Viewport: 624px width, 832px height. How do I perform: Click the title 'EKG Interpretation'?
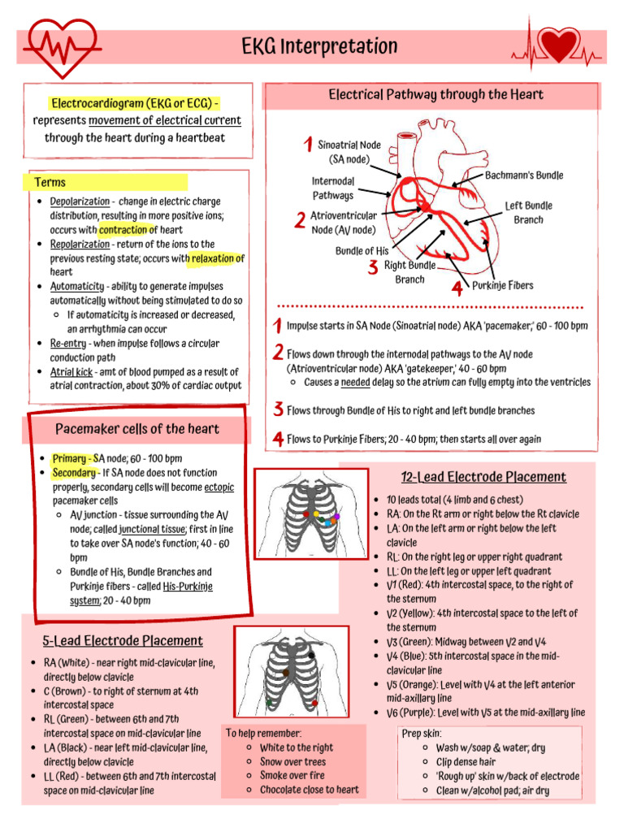[x=319, y=46]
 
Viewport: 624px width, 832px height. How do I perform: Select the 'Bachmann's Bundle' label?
[x=524, y=175]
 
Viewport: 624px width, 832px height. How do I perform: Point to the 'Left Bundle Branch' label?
[x=528, y=213]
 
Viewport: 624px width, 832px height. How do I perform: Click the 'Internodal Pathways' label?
[x=333, y=188]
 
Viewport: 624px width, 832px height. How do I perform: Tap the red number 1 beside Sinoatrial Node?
[x=307, y=145]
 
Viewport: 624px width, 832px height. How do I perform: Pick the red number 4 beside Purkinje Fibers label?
[x=457, y=288]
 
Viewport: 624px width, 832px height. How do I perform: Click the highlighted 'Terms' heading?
[x=50, y=182]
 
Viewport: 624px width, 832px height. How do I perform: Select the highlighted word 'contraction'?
[x=123, y=230]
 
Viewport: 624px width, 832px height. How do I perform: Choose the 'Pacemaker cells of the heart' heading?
[x=136, y=428]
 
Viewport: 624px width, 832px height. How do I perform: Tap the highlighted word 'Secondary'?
[x=73, y=472]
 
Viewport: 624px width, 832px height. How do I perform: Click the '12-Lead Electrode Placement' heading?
[x=483, y=477]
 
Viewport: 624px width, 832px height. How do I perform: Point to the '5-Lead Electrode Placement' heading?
[x=123, y=640]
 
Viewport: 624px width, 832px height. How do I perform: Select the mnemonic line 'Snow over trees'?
[x=292, y=761]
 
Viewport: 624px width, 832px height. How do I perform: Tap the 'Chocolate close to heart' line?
[x=309, y=790]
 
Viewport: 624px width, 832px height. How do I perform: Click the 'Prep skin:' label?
[x=422, y=733]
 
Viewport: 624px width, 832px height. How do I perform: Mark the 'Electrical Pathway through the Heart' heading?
[x=435, y=95]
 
